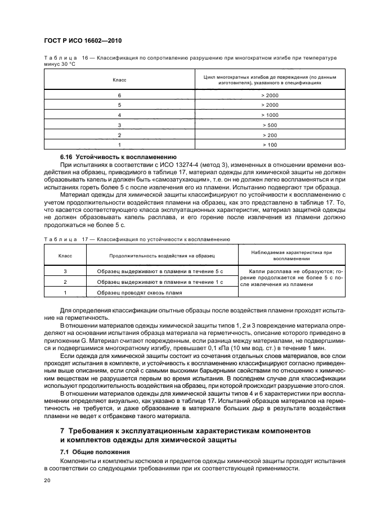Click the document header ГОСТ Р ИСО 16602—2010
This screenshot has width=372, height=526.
click(x=83, y=42)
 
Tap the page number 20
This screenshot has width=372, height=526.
click(x=47, y=480)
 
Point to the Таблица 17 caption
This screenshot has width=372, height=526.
click(x=136, y=239)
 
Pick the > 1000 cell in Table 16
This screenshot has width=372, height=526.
click(x=270, y=115)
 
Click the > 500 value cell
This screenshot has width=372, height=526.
click(x=270, y=124)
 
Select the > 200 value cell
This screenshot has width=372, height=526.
click(x=270, y=134)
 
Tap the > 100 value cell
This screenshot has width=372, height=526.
click(x=270, y=145)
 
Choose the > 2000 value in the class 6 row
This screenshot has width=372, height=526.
click(x=270, y=95)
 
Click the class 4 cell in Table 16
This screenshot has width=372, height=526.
click(x=119, y=115)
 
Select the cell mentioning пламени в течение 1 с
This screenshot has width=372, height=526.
click(x=160, y=282)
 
